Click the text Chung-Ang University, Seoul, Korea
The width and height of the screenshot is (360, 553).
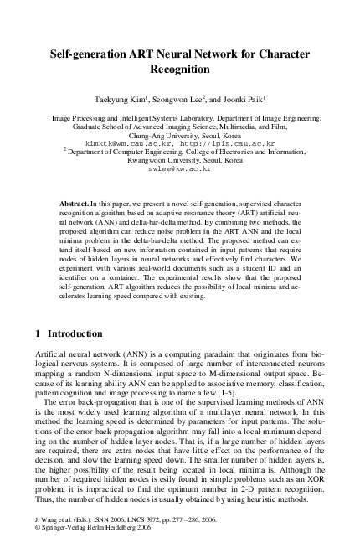coord(180,135)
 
